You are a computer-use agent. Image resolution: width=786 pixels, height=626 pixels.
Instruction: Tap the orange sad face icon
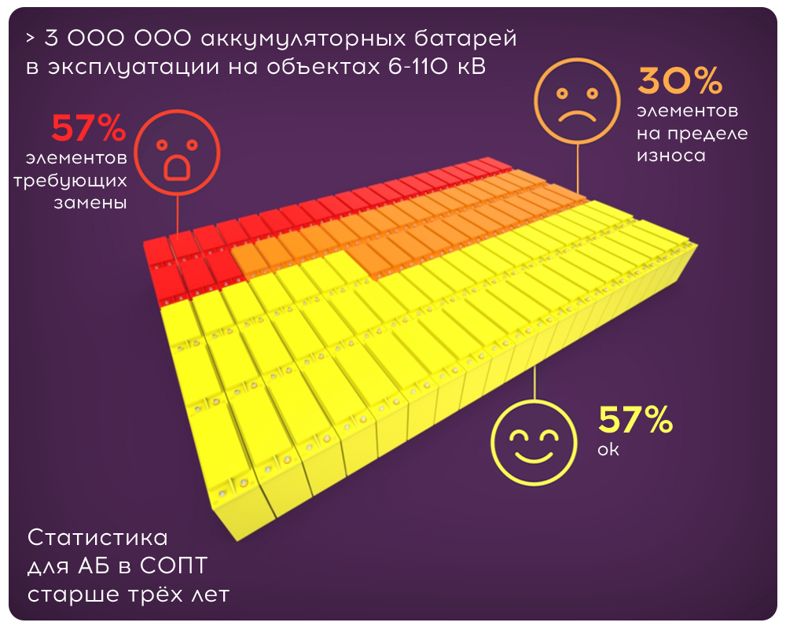[573, 101]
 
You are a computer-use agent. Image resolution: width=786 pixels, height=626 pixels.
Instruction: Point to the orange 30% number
[680, 81]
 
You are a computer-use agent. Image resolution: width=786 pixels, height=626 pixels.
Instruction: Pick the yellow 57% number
[635, 421]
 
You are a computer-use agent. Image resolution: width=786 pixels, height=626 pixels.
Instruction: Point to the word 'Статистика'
[97, 538]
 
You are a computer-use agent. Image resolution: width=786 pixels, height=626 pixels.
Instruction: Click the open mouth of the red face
[176, 167]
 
